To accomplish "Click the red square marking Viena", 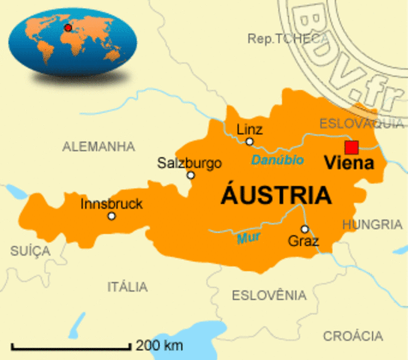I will pyautogui.click(x=351, y=146).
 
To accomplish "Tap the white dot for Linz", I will pyautogui.click(x=250, y=141).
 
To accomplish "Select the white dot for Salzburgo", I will pyautogui.click(x=190, y=175).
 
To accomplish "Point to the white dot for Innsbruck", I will pyautogui.click(x=111, y=216).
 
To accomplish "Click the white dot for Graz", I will pyautogui.click(x=304, y=229).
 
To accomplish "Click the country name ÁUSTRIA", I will pyautogui.click(x=276, y=195).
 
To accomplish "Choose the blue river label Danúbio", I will pyautogui.click(x=277, y=160).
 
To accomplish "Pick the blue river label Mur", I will pyautogui.click(x=247, y=239).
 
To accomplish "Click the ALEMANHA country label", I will pyautogui.click(x=98, y=145).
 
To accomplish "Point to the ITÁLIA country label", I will pyautogui.click(x=127, y=286).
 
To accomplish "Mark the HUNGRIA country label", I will pyautogui.click(x=372, y=223).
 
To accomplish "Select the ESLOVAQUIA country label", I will pyautogui.click(x=362, y=123).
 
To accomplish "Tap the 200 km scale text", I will pyautogui.click(x=159, y=345).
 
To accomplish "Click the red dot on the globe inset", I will pyautogui.click(x=68, y=28).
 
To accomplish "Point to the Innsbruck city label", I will pyautogui.click(x=112, y=203).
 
